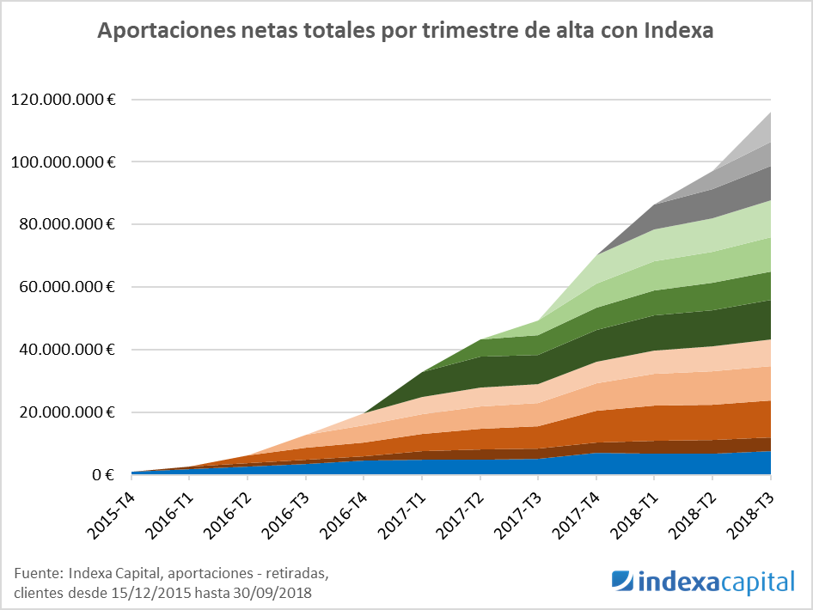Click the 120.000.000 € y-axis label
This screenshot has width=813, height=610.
[x=64, y=100]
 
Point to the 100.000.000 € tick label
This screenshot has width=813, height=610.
[x=64, y=162]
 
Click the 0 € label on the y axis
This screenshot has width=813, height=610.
[x=103, y=475]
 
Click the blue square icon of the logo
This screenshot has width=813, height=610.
[x=622, y=582]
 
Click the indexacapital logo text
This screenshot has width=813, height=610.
[x=717, y=583]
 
